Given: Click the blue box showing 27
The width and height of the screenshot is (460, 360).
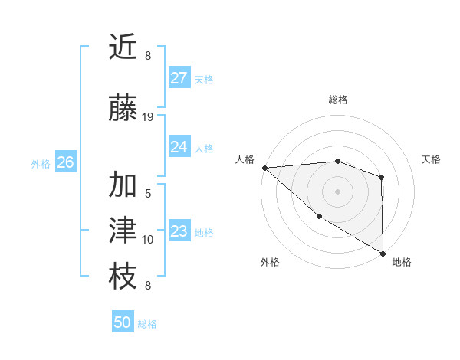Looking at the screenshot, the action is (179, 78).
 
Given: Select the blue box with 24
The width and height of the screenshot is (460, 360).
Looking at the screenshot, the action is (179, 147).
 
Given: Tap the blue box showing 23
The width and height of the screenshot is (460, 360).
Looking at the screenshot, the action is (179, 231).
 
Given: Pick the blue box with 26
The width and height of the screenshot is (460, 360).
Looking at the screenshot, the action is (66, 162).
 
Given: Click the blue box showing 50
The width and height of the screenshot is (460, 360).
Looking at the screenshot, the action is (123, 322).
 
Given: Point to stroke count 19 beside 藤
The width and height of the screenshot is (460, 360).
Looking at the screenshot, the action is (148, 117).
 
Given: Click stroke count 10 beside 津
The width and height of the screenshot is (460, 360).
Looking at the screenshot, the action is (148, 240).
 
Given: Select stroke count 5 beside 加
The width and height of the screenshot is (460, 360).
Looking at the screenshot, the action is (148, 194).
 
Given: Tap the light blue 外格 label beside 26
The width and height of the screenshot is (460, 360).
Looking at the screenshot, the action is (41, 163).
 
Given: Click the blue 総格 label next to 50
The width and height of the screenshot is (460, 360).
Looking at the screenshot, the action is (147, 324).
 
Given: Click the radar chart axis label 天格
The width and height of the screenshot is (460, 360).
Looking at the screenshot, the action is (431, 159).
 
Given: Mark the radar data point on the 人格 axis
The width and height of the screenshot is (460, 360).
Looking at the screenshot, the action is (264, 168).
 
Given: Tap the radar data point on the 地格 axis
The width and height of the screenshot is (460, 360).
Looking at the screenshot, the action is (383, 254).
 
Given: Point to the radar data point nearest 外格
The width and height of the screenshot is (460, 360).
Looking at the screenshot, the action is (319, 217).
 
